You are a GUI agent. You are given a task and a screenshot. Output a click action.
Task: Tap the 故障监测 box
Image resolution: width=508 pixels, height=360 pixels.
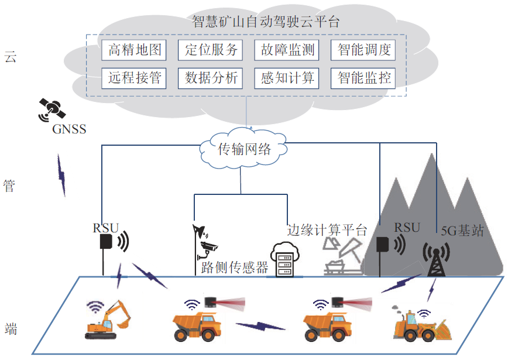[x=287, y=50]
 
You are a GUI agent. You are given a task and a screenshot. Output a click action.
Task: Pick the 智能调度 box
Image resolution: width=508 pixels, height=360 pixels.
[x=363, y=50]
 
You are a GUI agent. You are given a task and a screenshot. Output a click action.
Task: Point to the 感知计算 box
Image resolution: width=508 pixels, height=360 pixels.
[x=287, y=78]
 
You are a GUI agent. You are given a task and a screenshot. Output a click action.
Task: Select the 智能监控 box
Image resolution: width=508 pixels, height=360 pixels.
[x=363, y=78]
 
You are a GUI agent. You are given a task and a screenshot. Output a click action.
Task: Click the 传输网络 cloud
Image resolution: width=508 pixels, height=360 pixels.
[x=245, y=149]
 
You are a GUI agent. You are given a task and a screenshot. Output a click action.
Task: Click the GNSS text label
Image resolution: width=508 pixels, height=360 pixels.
[x=69, y=129]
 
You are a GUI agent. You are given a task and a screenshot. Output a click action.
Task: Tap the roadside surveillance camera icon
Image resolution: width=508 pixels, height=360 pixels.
[x=205, y=248]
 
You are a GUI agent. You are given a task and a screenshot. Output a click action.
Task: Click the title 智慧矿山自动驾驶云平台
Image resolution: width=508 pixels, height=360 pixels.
[x=266, y=22]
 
